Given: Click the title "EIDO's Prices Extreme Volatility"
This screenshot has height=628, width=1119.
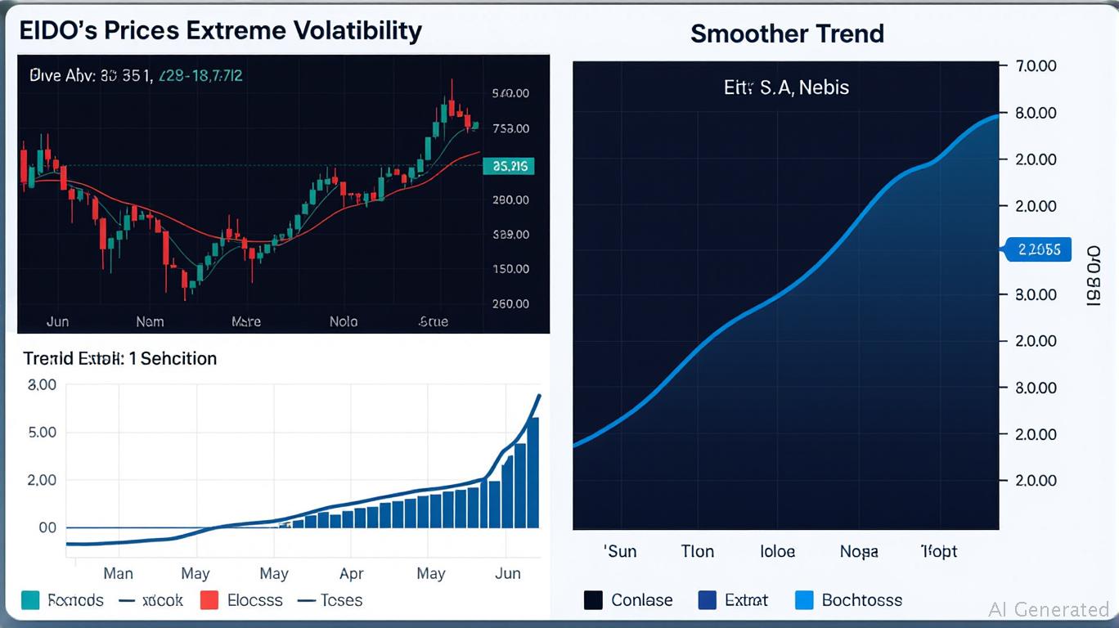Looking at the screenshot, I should click(220, 31).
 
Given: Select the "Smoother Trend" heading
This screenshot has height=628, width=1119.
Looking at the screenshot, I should click(786, 34).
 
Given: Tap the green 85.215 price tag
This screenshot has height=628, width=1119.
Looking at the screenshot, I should click(509, 167).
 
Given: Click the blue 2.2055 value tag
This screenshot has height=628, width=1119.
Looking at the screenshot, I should click(1037, 249).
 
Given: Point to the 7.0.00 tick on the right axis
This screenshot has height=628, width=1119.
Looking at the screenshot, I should click(1035, 66).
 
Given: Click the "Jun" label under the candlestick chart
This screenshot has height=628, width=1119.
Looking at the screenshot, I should click(57, 321).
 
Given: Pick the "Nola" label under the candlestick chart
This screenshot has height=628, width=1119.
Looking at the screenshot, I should click(344, 321).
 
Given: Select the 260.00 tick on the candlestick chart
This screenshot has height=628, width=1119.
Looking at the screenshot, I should click(510, 303).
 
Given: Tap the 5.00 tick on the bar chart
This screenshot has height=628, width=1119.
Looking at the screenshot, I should click(42, 432).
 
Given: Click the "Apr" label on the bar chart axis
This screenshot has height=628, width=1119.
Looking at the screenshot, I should click(352, 573).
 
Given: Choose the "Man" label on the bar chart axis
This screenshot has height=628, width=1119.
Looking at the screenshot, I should click(119, 573).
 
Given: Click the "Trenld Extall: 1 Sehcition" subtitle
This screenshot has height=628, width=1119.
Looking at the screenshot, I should click(119, 358).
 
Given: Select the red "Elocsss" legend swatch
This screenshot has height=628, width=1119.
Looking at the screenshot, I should click(209, 600).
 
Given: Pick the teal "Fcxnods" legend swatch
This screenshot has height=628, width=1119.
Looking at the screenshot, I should click(32, 600).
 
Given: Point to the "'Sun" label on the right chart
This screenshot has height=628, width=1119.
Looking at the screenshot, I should click(620, 551).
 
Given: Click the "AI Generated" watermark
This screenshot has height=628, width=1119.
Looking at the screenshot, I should click(1049, 609).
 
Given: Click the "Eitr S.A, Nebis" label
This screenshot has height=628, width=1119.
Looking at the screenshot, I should click(786, 87).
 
